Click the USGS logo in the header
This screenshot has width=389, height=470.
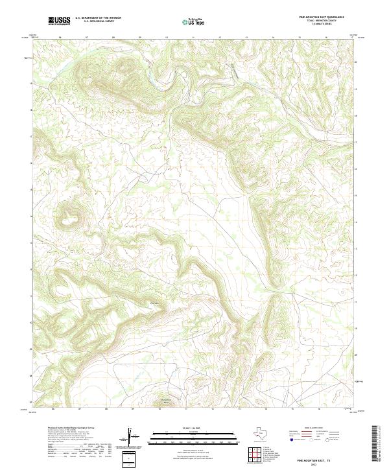point(58,21)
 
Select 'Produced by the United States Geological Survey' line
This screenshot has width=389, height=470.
point(71,429)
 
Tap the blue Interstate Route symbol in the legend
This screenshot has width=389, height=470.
point(292,440)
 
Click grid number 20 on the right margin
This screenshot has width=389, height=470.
point(355,62)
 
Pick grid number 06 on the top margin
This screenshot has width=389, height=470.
point(60,37)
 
